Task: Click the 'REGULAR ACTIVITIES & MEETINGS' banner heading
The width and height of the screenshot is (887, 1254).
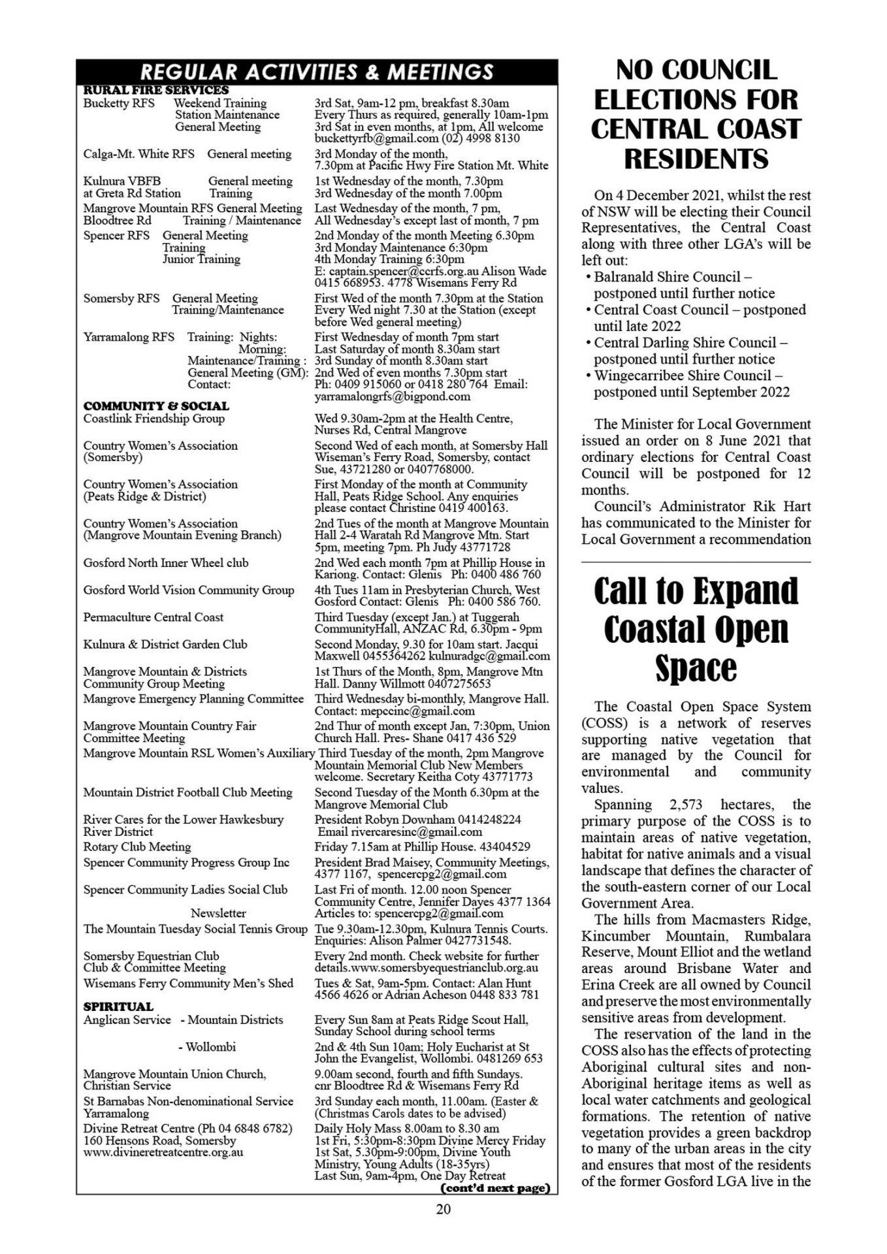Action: (x=317, y=71)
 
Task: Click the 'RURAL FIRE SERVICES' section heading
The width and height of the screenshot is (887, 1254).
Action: (x=156, y=90)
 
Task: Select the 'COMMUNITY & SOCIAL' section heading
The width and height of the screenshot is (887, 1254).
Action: (x=156, y=406)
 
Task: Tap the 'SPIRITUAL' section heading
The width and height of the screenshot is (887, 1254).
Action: (x=118, y=1006)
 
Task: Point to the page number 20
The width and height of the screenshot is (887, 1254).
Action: (x=443, y=1209)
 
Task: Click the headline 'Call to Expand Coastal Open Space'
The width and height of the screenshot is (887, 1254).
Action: (x=696, y=628)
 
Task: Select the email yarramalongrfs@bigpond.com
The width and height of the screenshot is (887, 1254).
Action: (x=392, y=396)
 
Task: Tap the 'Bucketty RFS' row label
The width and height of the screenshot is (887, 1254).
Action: (x=119, y=103)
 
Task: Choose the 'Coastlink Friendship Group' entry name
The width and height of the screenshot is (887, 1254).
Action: (x=153, y=419)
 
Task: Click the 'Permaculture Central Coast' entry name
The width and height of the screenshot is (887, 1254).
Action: (x=153, y=617)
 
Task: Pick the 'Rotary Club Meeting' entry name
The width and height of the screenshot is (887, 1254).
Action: (x=137, y=847)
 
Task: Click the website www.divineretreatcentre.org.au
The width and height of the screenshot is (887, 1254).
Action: (x=163, y=1152)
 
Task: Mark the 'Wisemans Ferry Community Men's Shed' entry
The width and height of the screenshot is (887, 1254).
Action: (x=188, y=984)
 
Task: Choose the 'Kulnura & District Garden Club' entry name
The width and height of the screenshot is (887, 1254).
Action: (x=165, y=645)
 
